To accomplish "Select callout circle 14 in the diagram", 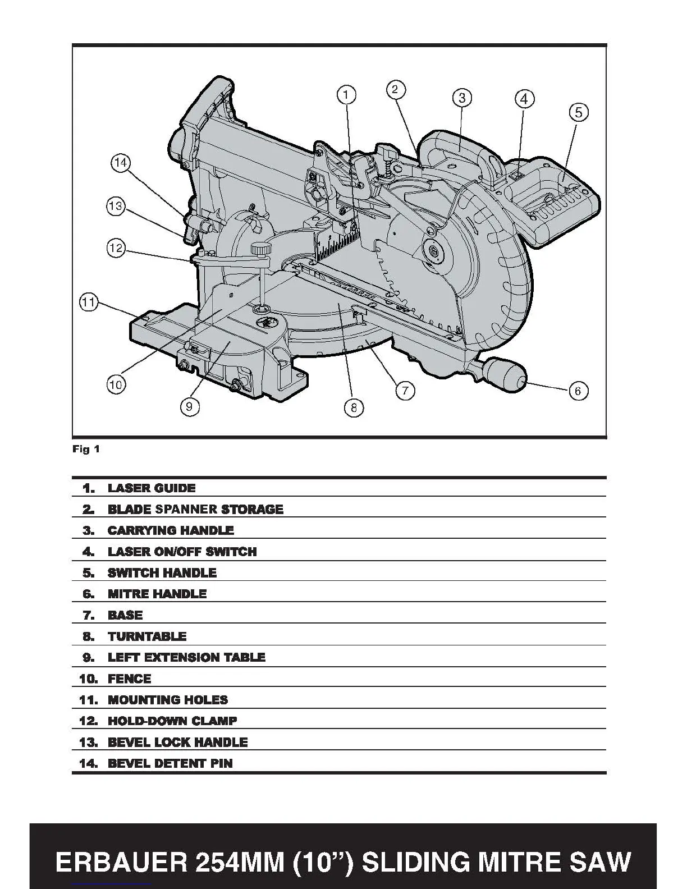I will point(121,163).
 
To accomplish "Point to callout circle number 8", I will point(354,408).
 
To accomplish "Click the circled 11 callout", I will point(89,303).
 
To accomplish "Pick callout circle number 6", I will point(578,391).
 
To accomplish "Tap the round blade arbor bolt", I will point(433,250).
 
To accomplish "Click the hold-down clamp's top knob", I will point(260,248).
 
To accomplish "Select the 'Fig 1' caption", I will point(86,449).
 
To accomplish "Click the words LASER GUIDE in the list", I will point(152,488).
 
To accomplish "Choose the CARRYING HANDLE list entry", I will point(171,530).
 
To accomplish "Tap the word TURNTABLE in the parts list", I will point(147,636).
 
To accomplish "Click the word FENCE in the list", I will point(130,679).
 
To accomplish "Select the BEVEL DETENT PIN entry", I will point(170,763).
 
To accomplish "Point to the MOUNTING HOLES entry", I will point(168,700).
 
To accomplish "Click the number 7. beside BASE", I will point(89,615).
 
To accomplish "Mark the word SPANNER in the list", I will point(186,510).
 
